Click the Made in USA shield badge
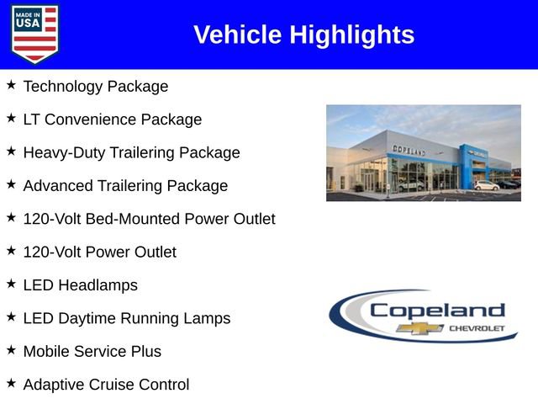34,34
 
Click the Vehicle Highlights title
303,35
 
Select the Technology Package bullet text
95,87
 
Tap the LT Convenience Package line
112,120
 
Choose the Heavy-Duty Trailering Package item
131,152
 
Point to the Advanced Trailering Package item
125,186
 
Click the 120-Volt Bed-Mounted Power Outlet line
149,219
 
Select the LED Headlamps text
80,285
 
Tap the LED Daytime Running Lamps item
126,318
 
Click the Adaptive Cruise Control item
106,385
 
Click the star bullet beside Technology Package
11,86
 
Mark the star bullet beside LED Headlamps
11,284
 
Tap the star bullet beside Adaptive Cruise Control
11,384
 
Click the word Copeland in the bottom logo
436,310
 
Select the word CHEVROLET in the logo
477,328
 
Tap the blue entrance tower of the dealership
467,166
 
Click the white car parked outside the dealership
486,185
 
